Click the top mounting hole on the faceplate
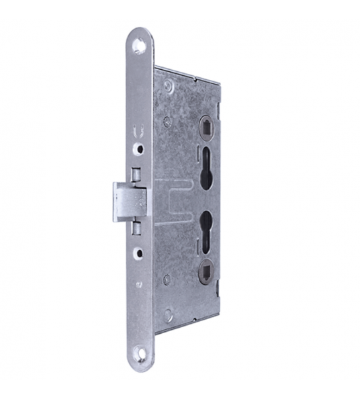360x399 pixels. click(x=139, y=47)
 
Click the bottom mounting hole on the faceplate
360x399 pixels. click(x=142, y=351)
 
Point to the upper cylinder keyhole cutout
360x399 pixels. click(x=204, y=165)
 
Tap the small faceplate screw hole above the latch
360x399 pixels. click(x=140, y=146)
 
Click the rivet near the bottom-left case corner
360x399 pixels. click(x=169, y=313)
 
